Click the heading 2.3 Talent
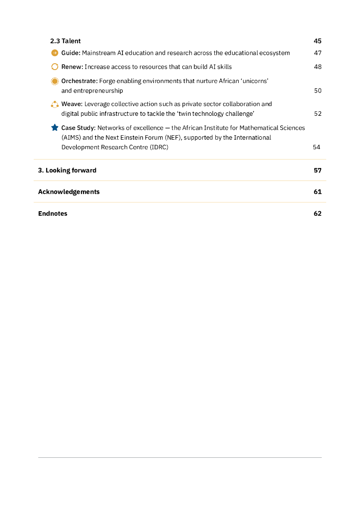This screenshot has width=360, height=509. coord(65,41)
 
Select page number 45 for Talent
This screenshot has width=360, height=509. coord(317,41)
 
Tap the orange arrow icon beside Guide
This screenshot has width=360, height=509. coord(55,53)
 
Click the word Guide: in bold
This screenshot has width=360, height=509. coord(71,53)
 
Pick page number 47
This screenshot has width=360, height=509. coord(317,53)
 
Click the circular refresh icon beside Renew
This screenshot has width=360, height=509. coord(55,67)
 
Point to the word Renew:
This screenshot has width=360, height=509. coord(72,67)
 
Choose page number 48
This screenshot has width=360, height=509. coord(317,67)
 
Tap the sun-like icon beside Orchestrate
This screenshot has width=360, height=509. coord(55,81)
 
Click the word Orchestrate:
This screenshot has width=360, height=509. coord(80,81)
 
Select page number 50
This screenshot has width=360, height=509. coord(317,91)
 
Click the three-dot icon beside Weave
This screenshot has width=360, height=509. coord(55,104)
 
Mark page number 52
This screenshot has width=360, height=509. coord(317,114)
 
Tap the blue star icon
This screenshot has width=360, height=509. coord(55,128)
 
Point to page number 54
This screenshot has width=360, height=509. coord(316,147)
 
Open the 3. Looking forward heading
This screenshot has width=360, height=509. coord(67,170)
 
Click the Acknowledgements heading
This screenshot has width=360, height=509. coord(69,192)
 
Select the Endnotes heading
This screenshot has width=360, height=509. coord(53,214)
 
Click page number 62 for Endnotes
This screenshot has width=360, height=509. coord(317,214)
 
